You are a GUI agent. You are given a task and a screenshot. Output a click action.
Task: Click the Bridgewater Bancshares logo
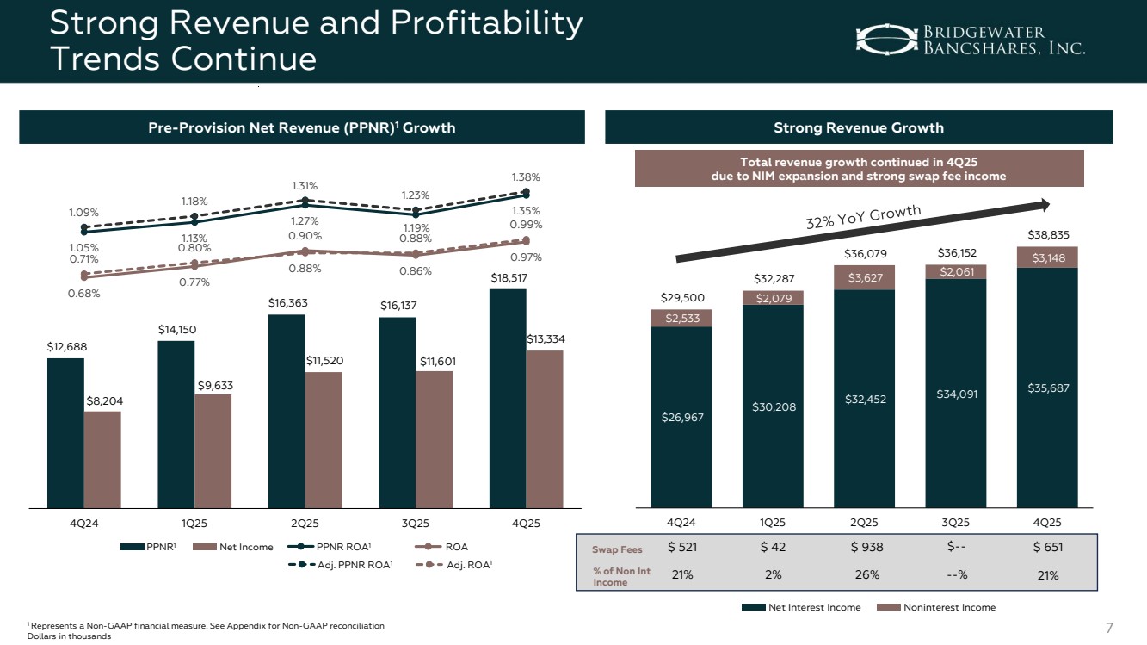point(970,39)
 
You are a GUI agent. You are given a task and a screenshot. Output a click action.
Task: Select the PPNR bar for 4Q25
point(508,398)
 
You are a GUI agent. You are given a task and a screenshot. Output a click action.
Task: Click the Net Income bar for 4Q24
point(102,459)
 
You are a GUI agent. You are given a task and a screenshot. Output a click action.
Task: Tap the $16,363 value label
point(287,303)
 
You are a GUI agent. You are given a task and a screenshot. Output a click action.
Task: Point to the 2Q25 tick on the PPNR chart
point(305,523)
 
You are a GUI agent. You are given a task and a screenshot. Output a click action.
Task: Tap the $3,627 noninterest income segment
point(864,277)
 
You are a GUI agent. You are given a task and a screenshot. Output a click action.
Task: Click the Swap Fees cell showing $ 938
point(864,548)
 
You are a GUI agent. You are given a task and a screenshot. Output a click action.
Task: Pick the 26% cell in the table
point(864,575)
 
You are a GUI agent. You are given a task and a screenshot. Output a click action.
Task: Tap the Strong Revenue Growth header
point(859,127)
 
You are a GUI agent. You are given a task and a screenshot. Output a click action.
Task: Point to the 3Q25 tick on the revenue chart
point(955,523)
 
